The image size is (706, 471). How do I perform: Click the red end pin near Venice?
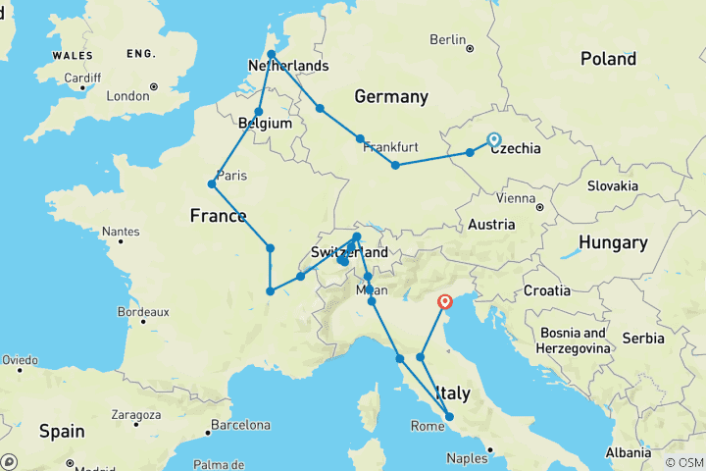click(x=445, y=303)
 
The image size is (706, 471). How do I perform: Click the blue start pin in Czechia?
click(x=493, y=140)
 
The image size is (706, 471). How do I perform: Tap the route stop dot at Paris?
click(x=212, y=183)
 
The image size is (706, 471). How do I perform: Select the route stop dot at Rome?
click(x=449, y=417)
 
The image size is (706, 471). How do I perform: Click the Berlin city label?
click(x=447, y=40)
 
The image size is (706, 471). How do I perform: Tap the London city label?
click(x=127, y=96)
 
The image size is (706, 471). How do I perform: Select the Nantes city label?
click(x=121, y=232)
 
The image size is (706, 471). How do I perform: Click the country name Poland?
click(x=608, y=59)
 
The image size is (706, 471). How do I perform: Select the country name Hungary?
click(x=613, y=242)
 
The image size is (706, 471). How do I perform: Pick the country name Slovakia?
click(x=613, y=185)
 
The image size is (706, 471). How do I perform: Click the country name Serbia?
click(x=643, y=338)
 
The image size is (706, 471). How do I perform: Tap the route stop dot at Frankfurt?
click(x=361, y=138)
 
